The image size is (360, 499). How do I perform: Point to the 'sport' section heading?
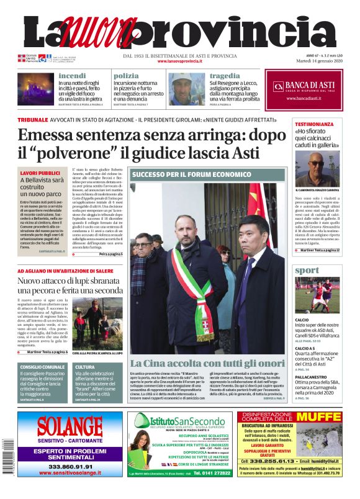point(307,270)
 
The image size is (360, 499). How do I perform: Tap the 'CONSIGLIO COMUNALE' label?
point(42,367)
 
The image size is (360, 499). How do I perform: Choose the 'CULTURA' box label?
point(85,367)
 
